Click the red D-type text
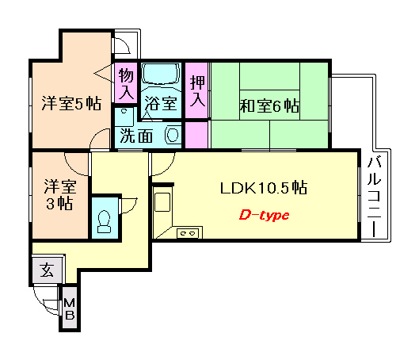coord(264,216)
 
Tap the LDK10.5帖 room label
coord(264,187)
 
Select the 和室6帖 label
coord(269,105)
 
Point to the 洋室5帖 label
coord(71,103)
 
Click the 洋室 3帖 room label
coord(60,195)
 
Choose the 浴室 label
coord(161,103)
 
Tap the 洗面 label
coord(136,136)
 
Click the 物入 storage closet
coord(126,82)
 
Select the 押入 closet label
coord(198,90)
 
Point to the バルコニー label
coord(374,197)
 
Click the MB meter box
coord(70,308)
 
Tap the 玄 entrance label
coord(47,270)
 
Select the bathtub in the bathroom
coord(160,74)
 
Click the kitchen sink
coord(162,201)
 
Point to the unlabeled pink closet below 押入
coord(196,135)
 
